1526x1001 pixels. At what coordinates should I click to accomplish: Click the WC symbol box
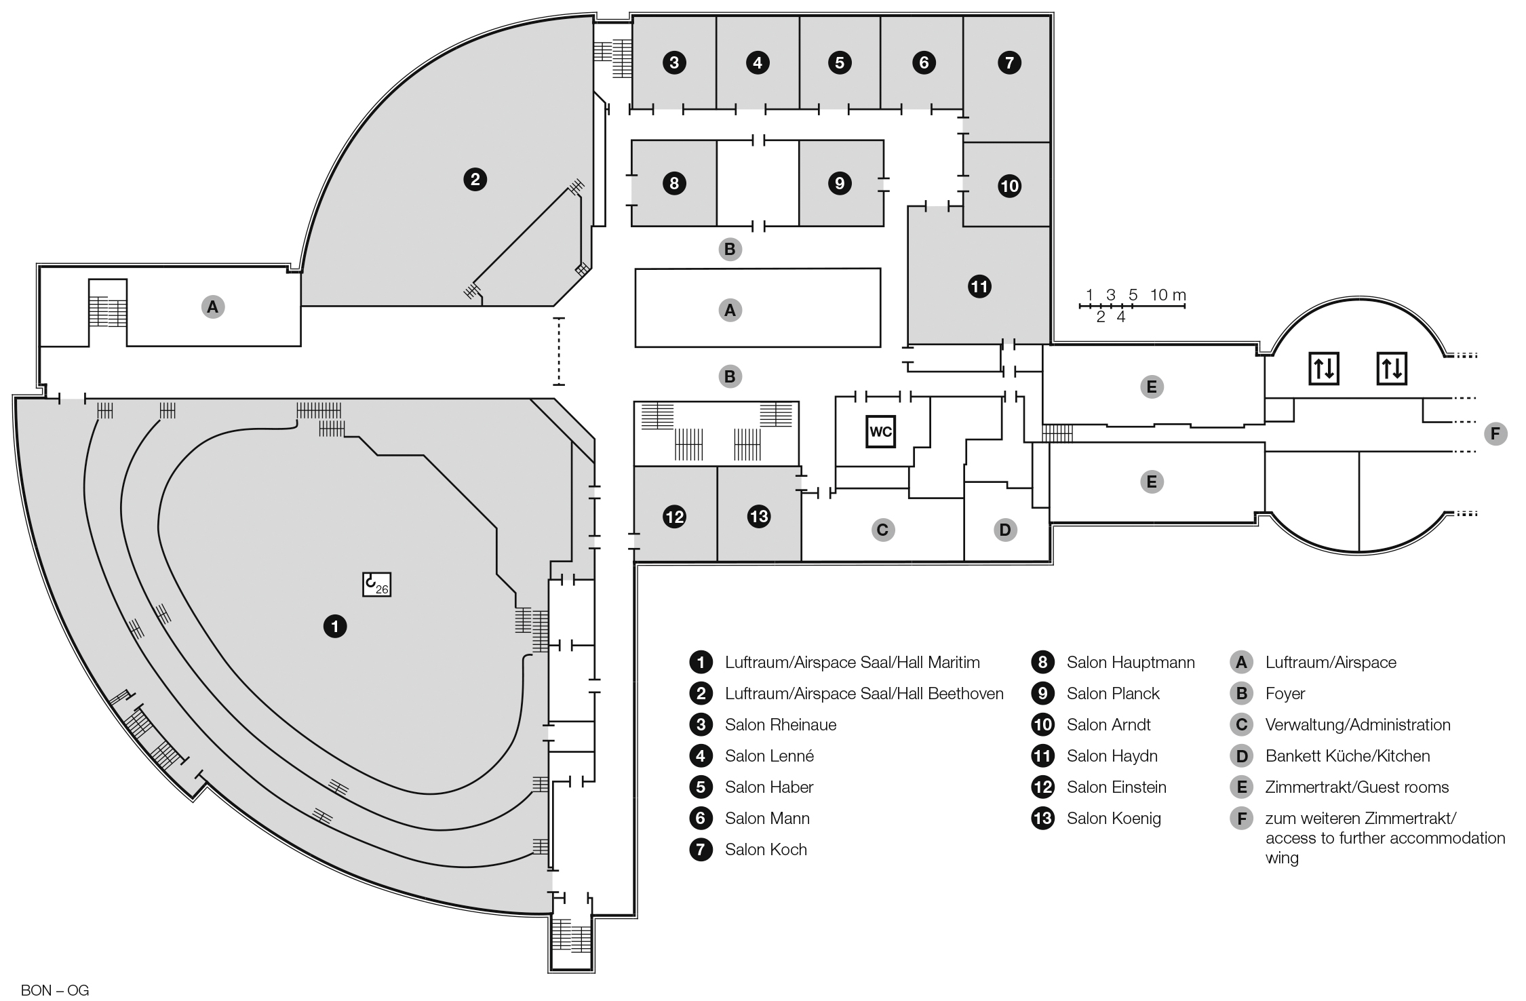click(x=880, y=431)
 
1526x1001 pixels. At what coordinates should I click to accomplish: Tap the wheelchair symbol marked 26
click(x=376, y=585)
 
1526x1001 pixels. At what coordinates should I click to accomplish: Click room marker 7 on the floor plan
click(x=1009, y=63)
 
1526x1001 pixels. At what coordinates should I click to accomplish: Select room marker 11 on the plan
click(x=979, y=287)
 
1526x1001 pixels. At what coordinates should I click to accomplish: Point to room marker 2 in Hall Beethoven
click(x=475, y=179)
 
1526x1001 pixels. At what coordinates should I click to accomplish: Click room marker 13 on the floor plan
click(x=759, y=517)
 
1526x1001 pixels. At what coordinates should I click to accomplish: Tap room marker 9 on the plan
click(x=840, y=183)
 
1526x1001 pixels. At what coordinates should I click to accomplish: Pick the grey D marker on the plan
click(x=1005, y=530)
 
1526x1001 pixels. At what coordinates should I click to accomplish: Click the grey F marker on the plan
click(x=1495, y=433)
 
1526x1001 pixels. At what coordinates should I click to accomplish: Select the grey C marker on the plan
click(x=882, y=530)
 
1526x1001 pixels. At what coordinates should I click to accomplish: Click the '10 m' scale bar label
click(x=1168, y=295)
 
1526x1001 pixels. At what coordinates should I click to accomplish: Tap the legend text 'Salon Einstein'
click(x=1116, y=787)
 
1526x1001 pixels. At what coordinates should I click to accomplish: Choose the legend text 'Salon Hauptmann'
click(x=1131, y=663)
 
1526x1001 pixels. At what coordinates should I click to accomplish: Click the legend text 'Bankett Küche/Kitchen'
click(x=1348, y=756)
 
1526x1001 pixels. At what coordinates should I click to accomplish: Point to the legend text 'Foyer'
click(x=1285, y=694)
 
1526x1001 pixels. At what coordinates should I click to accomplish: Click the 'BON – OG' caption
click(x=55, y=990)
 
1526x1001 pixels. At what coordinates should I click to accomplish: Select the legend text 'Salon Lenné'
click(x=769, y=756)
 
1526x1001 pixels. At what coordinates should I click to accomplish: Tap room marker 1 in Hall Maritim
click(x=335, y=626)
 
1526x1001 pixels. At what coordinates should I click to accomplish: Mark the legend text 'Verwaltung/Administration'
click(x=1358, y=725)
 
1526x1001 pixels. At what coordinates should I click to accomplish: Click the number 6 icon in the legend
click(x=701, y=819)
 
